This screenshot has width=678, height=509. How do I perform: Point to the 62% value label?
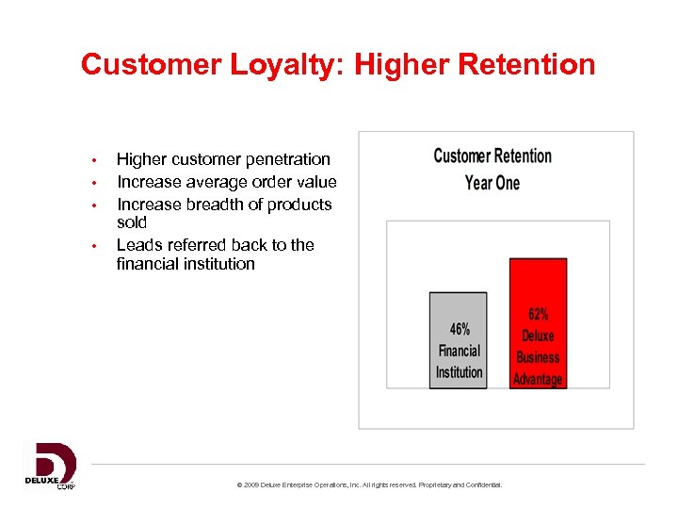click(538, 315)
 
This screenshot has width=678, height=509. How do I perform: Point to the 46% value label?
click(460, 330)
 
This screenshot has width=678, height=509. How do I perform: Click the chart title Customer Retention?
click(492, 156)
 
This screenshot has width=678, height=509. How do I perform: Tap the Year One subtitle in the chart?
click(492, 182)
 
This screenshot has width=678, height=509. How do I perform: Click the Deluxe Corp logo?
click(50, 466)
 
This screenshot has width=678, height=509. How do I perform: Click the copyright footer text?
click(370, 484)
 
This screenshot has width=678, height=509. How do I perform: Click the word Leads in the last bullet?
click(137, 245)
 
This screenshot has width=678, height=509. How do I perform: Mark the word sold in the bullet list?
click(132, 222)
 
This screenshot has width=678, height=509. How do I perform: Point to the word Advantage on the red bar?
click(538, 379)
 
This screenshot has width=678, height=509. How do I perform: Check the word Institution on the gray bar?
click(459, 372)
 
